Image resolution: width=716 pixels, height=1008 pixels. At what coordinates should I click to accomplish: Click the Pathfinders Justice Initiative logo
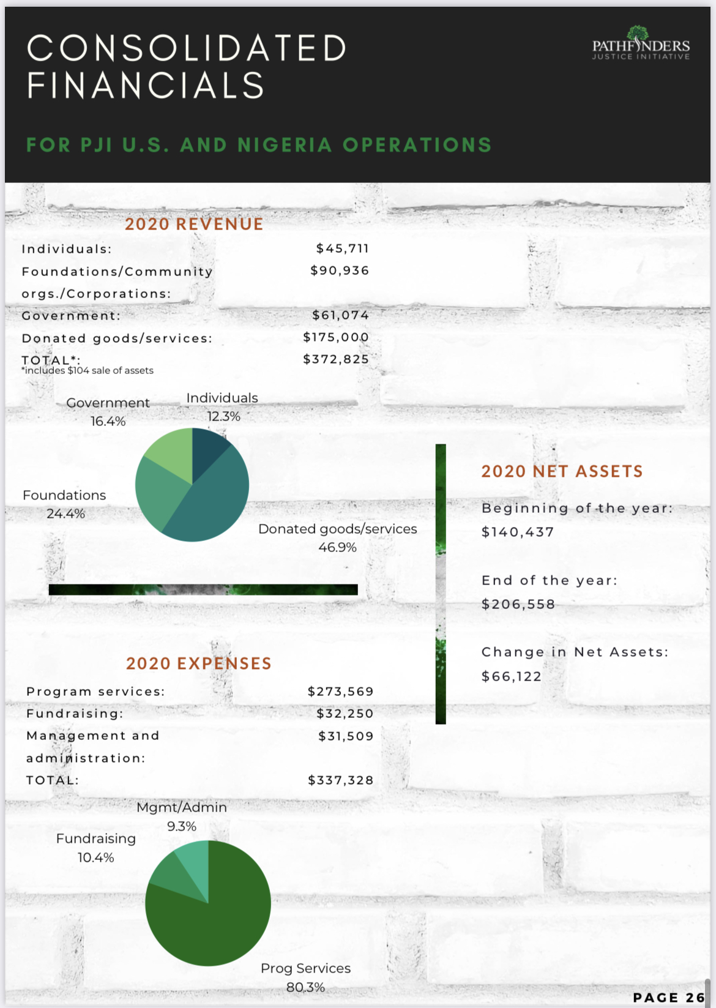(x=640, y=44)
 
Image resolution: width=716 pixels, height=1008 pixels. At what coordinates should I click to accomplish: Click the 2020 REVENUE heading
(x=194, y=224)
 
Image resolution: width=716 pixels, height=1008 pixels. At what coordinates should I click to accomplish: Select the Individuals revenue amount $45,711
(x=342, y=248)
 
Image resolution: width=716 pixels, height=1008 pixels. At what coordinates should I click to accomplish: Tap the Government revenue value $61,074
(x=340, y=315)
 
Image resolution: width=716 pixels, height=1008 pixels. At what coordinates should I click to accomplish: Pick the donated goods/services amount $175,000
(x=336, y=337)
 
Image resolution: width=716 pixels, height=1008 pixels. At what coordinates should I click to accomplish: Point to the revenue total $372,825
(x=336, y=359)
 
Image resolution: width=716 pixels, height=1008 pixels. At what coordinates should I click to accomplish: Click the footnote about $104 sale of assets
(x=88, y=371)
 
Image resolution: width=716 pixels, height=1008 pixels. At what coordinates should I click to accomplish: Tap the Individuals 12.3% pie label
(x=222, y=407)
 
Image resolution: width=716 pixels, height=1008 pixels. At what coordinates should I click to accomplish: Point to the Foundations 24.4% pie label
(x=64, y=504)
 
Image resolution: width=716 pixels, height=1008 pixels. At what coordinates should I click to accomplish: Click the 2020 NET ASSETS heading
(x=562, y=471)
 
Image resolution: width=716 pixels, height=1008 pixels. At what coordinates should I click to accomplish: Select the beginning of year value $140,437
(x=518, y=532)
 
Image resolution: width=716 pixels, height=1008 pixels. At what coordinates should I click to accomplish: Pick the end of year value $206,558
(x=518, y=605)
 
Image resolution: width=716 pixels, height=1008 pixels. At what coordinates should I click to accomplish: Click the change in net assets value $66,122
(x=512, y=676)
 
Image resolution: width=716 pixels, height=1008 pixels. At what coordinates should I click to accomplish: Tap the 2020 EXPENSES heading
(x=198, y=663)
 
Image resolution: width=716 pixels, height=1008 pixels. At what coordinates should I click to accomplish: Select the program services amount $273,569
(x=340, y=692)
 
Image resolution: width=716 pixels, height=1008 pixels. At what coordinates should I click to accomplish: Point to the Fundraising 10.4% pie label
(x=96, y=848)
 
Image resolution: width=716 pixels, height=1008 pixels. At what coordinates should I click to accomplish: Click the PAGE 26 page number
(x=669, y=998)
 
